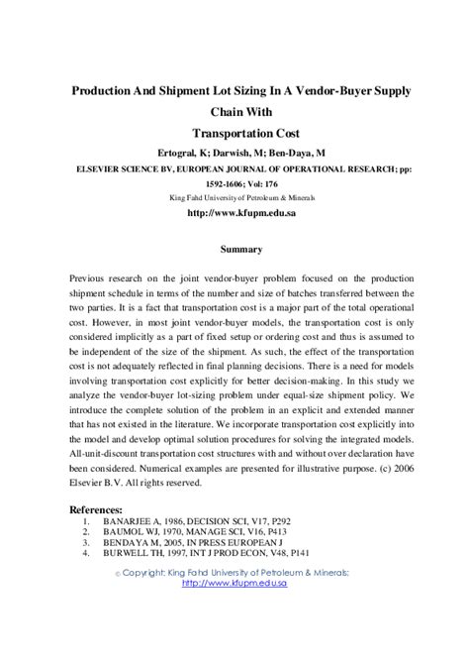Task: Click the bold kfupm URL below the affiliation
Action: pyautogui.click(x=234, y=213)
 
